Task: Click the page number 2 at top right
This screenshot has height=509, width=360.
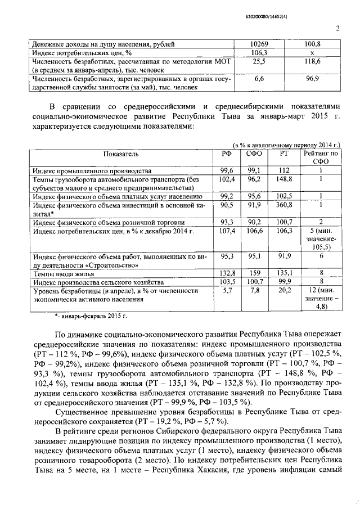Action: point(338,29)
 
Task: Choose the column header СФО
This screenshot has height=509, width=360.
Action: point(254,154)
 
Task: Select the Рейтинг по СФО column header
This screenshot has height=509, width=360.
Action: point(319,157)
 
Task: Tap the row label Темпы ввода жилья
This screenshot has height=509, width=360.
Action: point(61,273)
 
